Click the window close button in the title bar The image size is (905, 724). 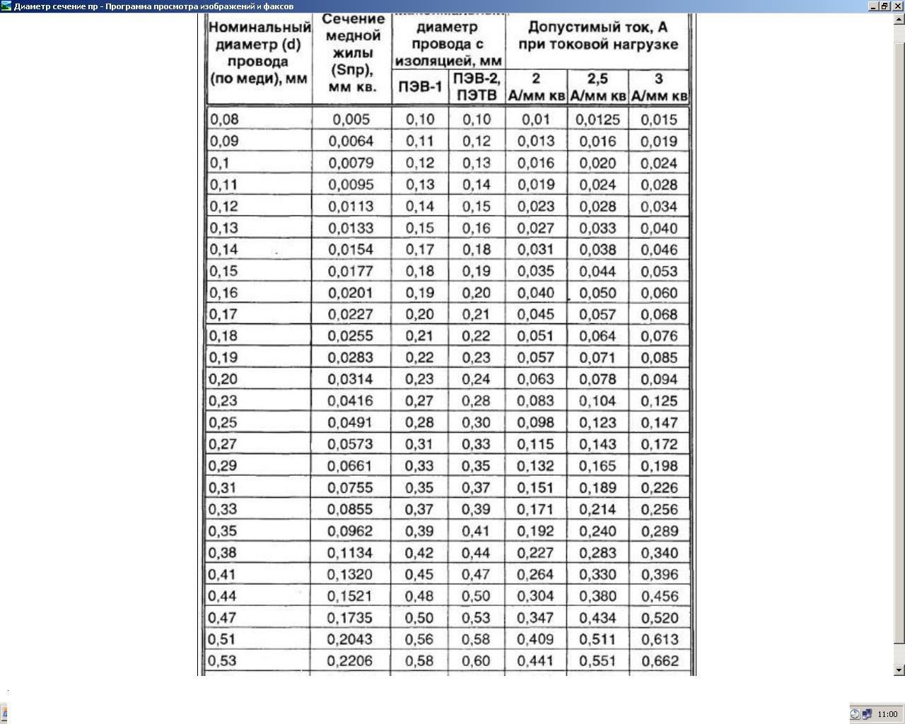click(x=899, y=6)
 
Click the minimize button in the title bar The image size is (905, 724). click(x=874, y=6)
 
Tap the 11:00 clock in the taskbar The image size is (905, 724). click(x=887, y=714)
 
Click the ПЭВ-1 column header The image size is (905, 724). click(x=420, y=87)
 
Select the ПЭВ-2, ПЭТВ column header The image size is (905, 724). click(x=477, y=86)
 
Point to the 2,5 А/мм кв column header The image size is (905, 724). click(x=597, y=86)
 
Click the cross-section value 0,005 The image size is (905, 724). click(x=351, y=119)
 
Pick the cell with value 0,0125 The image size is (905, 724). click(x=597, y=119)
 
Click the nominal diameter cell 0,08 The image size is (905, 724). click(x=225, y=119)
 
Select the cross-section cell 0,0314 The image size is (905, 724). click(x=351, y=379)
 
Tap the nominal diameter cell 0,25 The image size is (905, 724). click(x=223, y=422)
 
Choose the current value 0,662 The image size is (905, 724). click(x=660, y=661)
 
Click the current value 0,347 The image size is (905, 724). click(x=535, y=617)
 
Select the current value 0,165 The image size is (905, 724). click(x=597, y=466)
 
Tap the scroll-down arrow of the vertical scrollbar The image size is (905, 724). click(x=899, y=670)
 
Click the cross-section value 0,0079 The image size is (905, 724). click(x=351, y=163)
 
